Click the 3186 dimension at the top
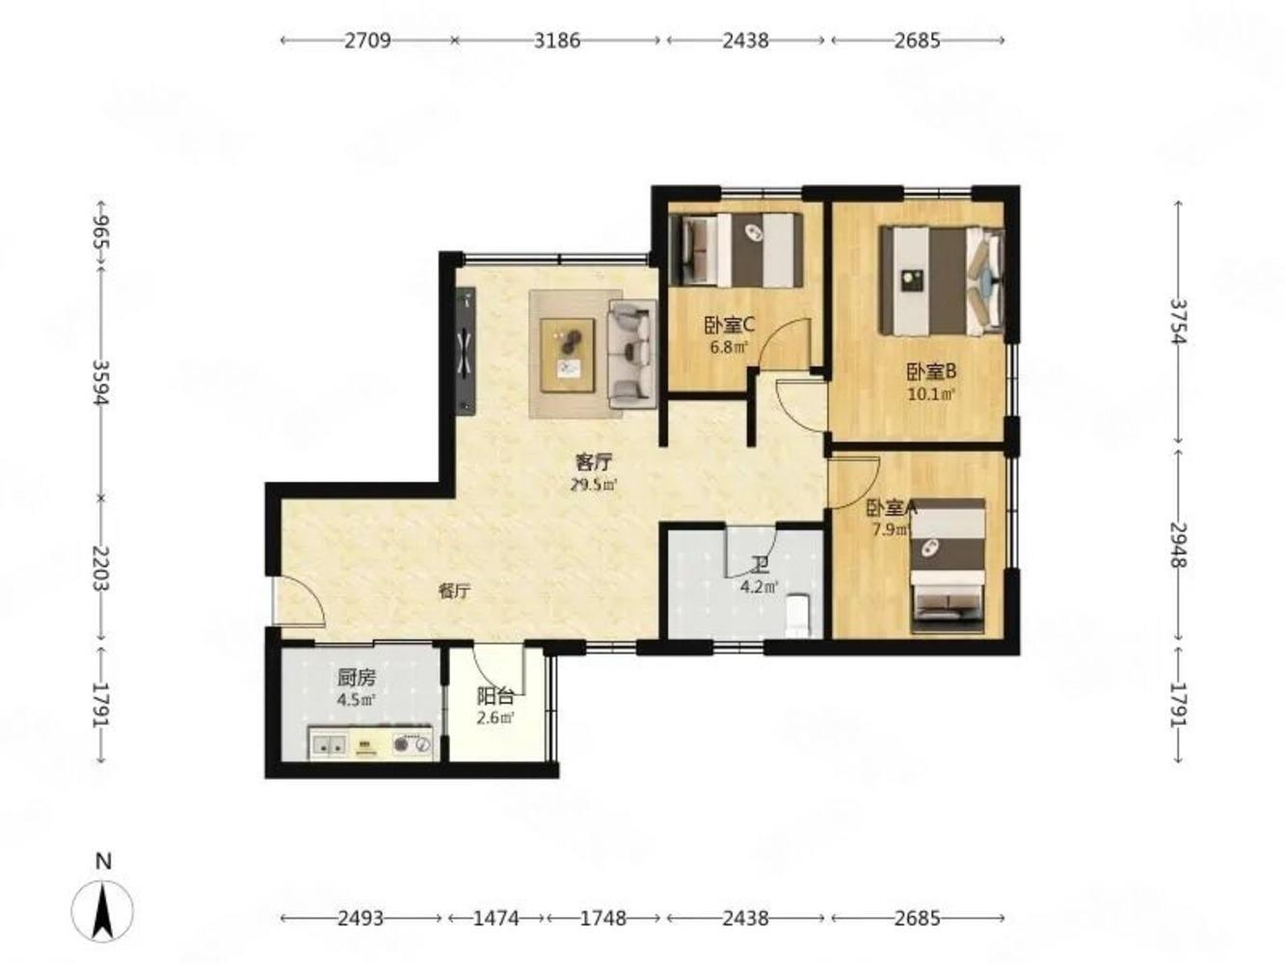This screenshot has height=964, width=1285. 557,40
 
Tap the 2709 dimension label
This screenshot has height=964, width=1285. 366,40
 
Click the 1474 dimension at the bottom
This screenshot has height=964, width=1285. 495,919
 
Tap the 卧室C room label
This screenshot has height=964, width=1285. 729,326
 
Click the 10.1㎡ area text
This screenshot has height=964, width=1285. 931,393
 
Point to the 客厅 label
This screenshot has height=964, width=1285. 594,463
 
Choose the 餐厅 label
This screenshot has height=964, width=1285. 454,592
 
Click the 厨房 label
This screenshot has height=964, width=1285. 356,677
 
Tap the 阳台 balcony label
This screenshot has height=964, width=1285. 495,697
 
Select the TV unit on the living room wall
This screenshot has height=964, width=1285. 466,351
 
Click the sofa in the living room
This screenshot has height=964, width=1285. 632,354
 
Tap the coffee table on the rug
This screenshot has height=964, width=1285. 567,355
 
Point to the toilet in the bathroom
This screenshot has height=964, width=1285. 798,616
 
